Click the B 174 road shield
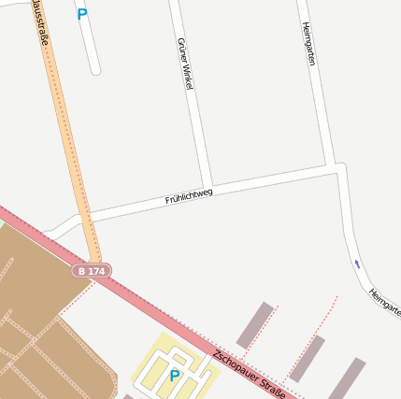(93, 270)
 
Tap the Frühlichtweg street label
(189, 195)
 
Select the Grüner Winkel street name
(184, 64)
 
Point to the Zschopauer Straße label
(247, 373)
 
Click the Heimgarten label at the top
(309, 44)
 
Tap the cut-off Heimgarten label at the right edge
(384, 302)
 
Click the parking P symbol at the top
(82, 14)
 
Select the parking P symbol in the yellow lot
(174, 376)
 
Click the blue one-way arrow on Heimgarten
(356, 264)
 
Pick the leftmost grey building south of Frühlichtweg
(254, 324)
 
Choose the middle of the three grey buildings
(307, 358)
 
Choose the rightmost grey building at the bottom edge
(346, 378)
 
